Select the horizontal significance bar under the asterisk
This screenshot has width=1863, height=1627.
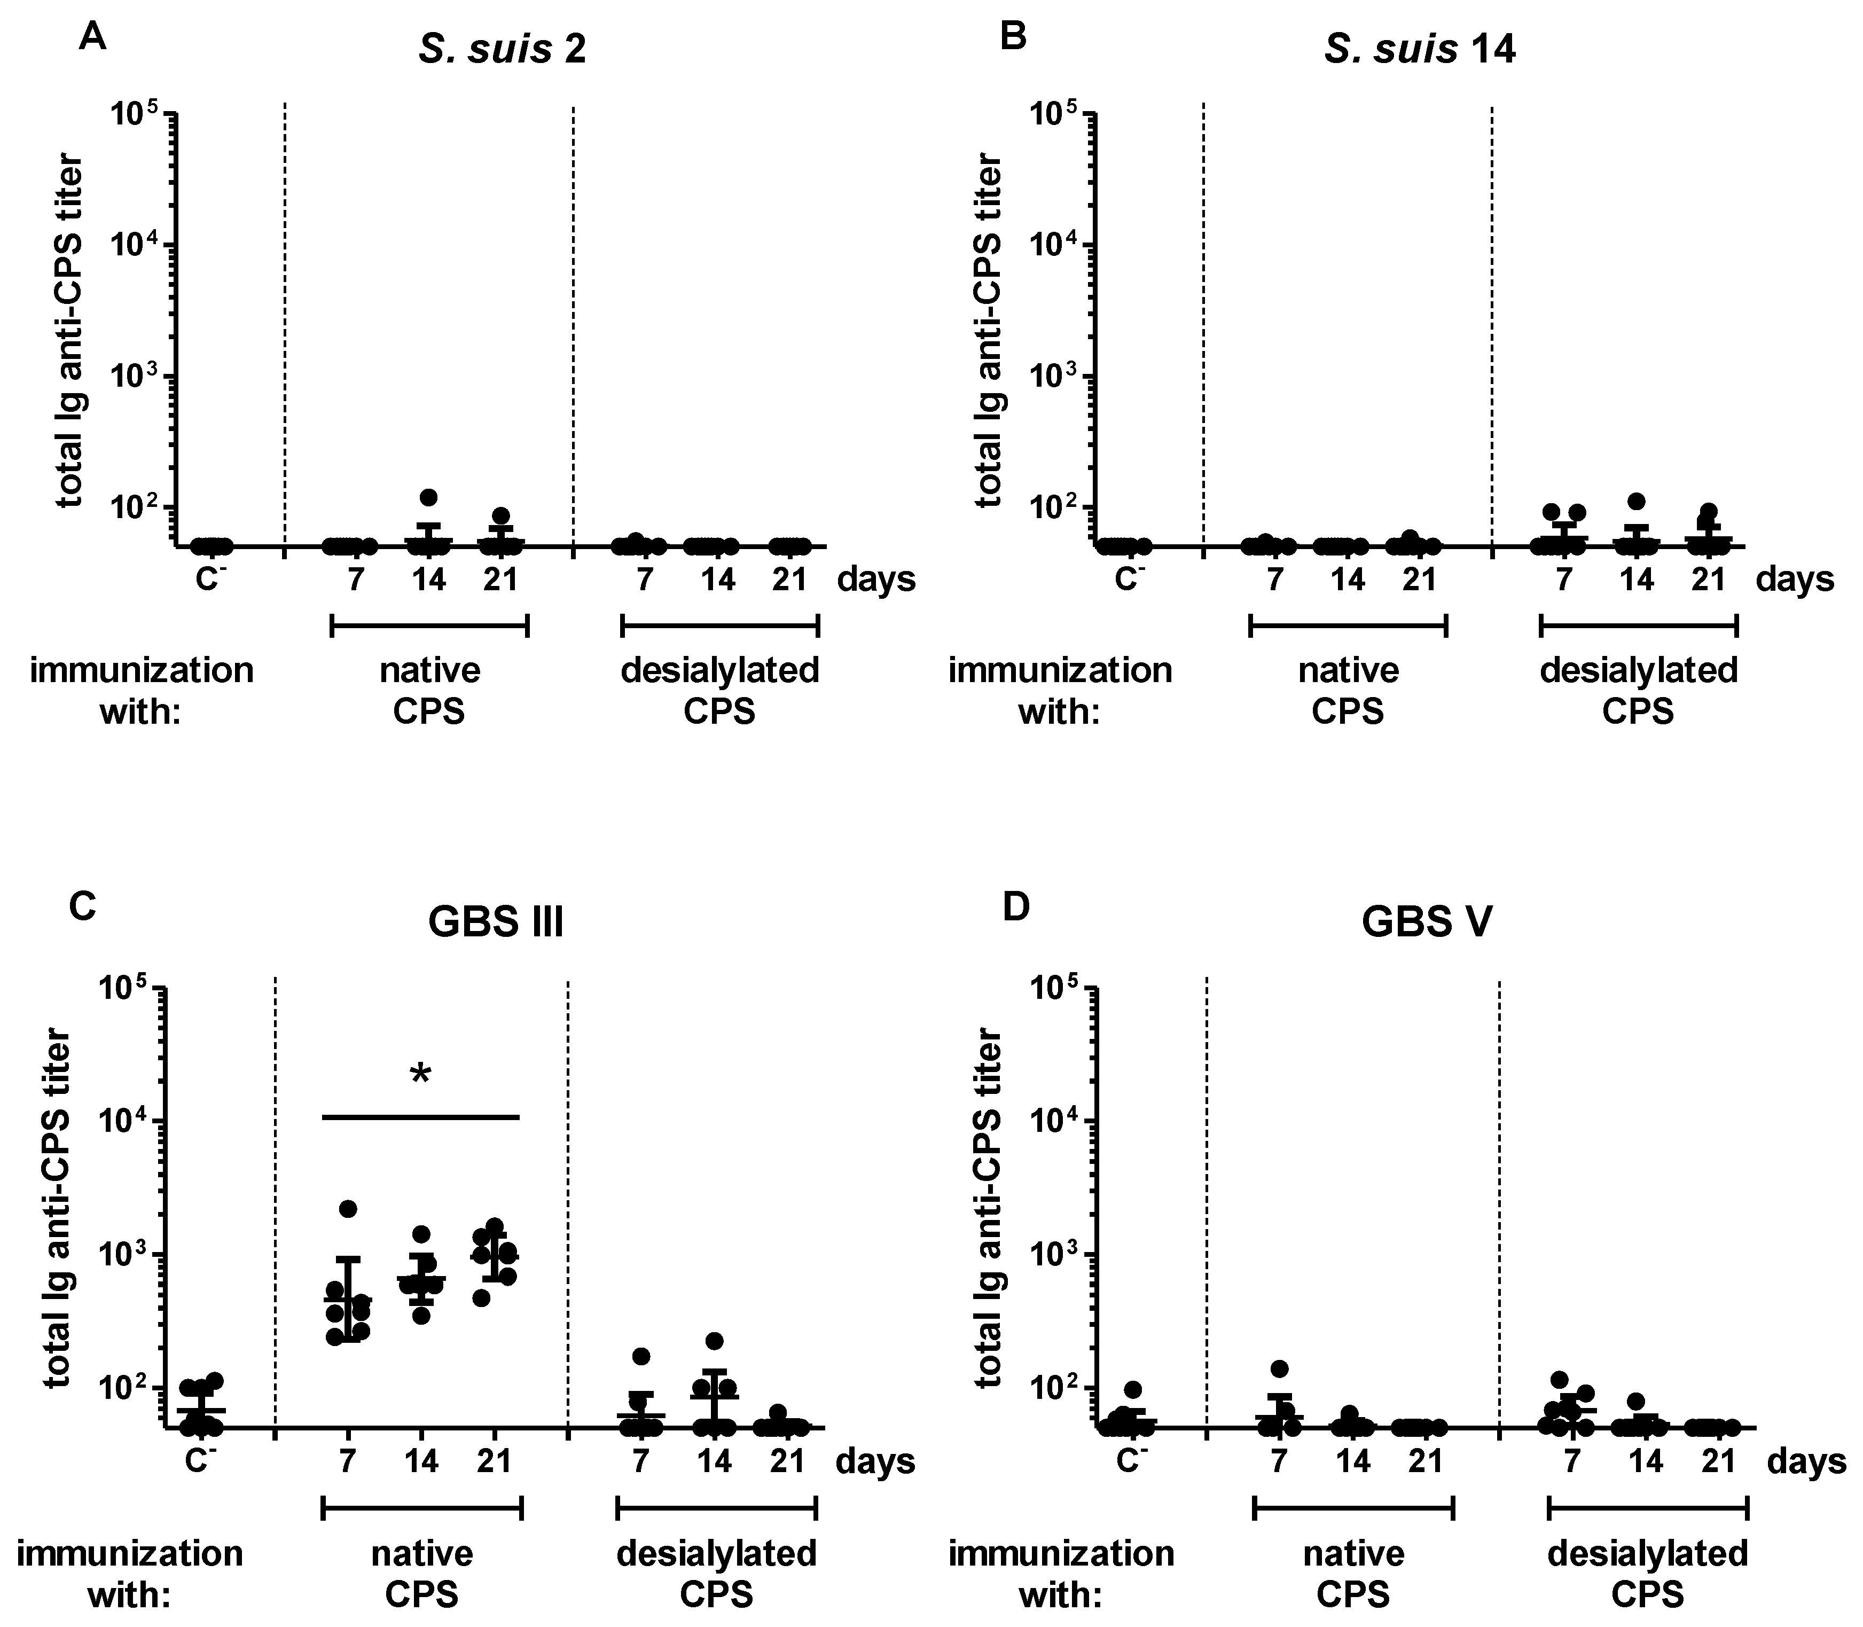tap(420, 1117)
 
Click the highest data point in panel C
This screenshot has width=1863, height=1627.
tap(348, 1208)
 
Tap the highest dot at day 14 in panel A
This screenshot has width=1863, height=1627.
tap(428, 497)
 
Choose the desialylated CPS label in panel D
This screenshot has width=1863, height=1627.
tap(1648, 1573)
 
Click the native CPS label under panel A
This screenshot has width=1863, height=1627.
tap(429, 691)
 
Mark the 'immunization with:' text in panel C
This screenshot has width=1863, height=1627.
tap(130, 1573)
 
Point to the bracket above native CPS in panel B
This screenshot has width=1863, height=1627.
tap(1348, 625)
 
